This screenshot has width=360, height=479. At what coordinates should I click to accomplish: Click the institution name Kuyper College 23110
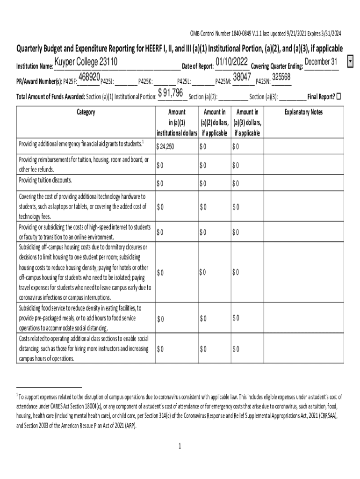86,62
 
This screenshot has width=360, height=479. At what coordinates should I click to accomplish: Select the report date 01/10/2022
232,62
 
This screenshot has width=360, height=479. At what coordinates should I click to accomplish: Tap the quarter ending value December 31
321,62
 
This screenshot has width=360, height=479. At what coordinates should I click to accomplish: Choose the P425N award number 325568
281,77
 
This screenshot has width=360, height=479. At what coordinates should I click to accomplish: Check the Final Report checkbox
339,96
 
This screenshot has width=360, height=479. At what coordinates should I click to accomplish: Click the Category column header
86,112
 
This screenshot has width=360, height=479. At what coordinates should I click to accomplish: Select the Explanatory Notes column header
303,112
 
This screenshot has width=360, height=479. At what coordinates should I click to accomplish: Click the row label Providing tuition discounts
45,180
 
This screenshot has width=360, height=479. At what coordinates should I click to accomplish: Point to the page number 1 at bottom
180,446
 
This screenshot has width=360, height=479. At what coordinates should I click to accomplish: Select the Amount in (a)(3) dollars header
247,123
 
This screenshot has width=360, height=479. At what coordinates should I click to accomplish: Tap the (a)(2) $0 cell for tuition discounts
203,183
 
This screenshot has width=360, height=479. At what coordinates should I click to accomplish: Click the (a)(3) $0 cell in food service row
236,318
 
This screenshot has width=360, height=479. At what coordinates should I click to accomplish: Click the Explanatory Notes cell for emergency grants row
303,146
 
